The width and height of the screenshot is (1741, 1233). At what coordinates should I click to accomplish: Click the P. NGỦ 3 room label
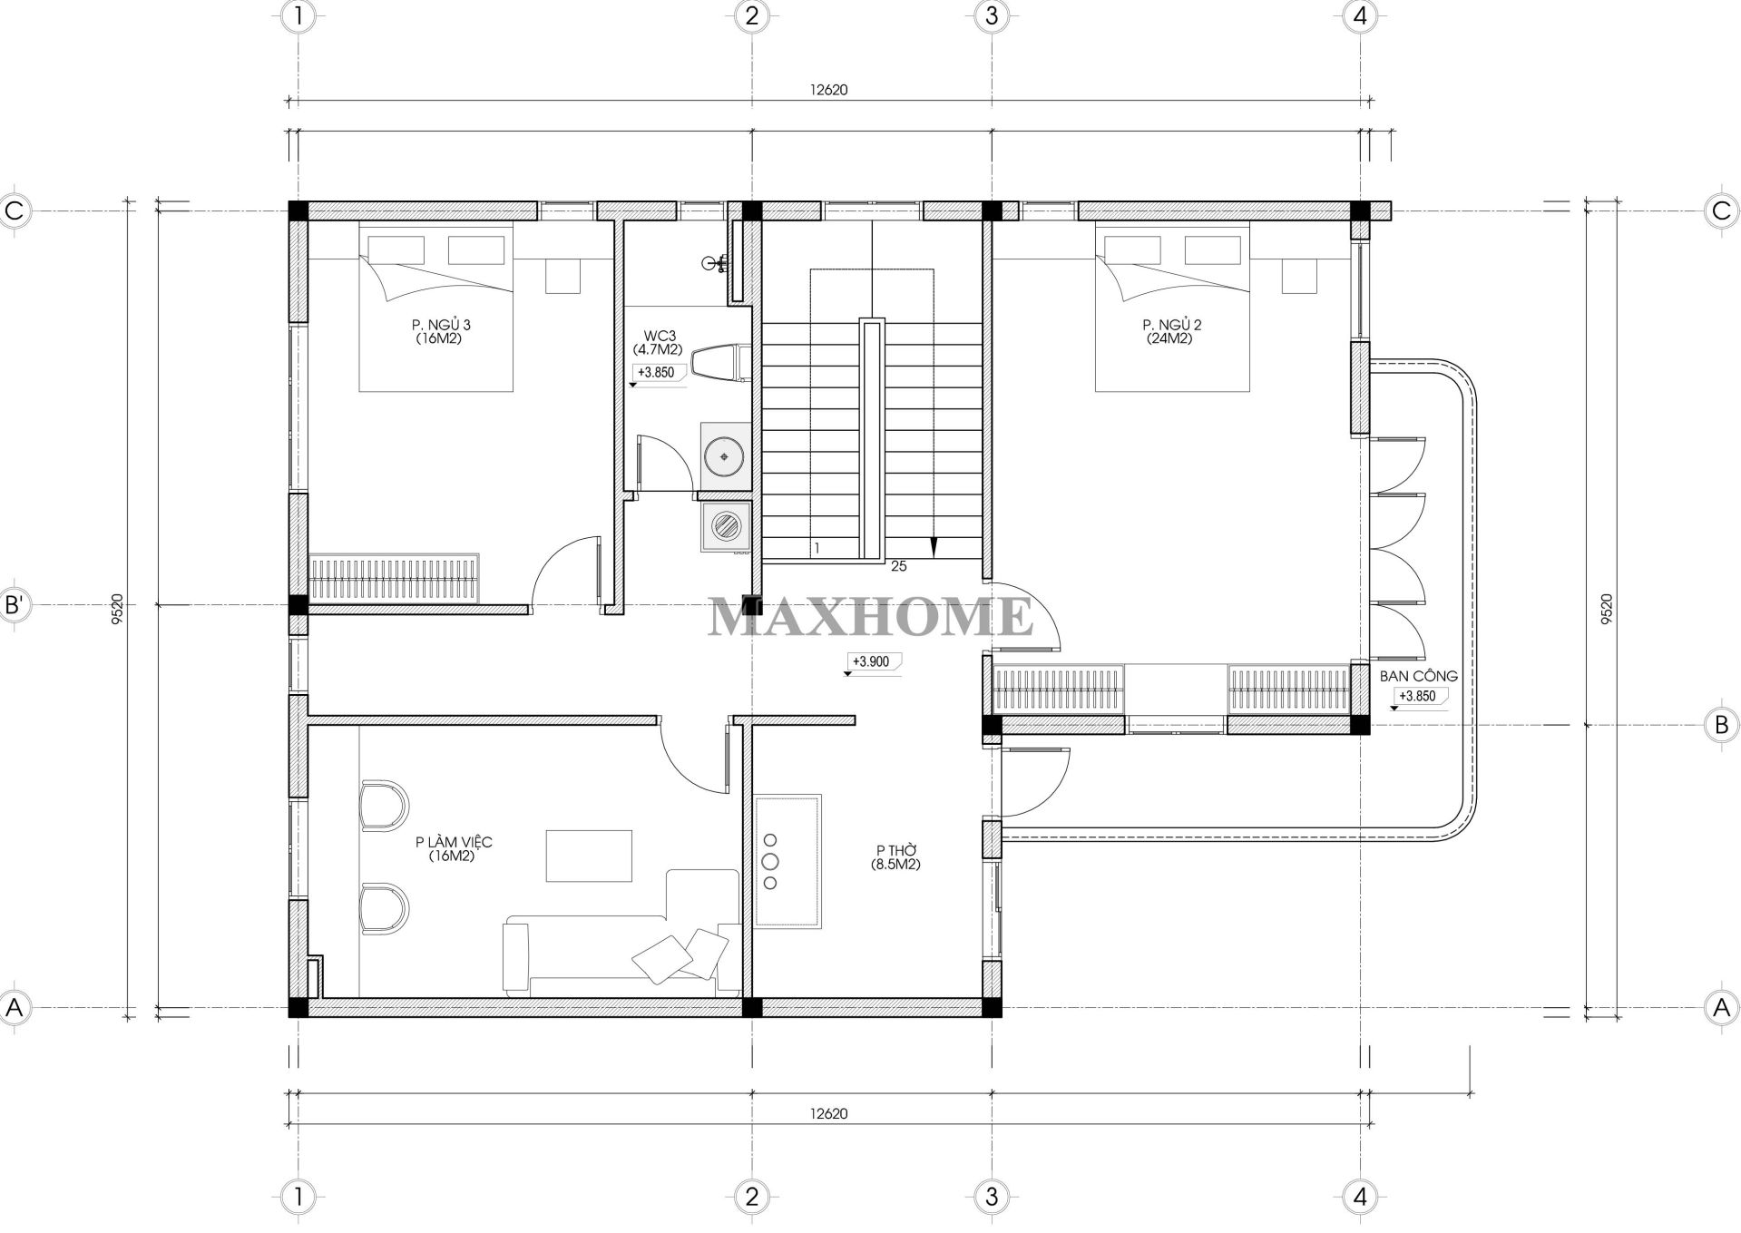tap(441, 325)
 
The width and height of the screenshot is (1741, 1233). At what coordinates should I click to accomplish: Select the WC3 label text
tap(654, 336)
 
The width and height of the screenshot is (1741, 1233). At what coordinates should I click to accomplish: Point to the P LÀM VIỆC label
tap(454, 842)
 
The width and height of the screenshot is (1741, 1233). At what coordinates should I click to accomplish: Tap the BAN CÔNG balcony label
tap(1418, 676)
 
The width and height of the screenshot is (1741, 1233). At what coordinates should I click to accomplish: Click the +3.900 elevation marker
tap(871, 662)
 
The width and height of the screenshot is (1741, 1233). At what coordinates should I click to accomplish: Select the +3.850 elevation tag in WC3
tap(656, 372)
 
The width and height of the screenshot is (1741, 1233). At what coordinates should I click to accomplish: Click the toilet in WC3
tap(719, 363)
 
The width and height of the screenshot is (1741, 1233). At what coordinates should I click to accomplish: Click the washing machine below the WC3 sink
tap(725, 526)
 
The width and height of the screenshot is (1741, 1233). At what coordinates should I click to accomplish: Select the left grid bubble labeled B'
tap(15, 604)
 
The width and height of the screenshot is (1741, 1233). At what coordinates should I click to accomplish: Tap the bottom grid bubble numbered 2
tap(751, 1197)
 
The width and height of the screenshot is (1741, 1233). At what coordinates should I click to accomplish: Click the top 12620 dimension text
tap(828, 90)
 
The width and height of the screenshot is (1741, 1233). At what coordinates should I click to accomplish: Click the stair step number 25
tap(899, 566)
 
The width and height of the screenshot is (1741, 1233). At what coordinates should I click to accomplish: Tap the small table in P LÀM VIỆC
tap(589, 855)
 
